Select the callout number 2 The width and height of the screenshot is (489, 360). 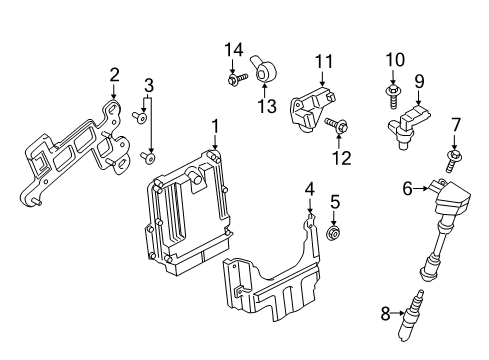114,73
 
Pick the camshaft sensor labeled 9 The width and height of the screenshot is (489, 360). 413,125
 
